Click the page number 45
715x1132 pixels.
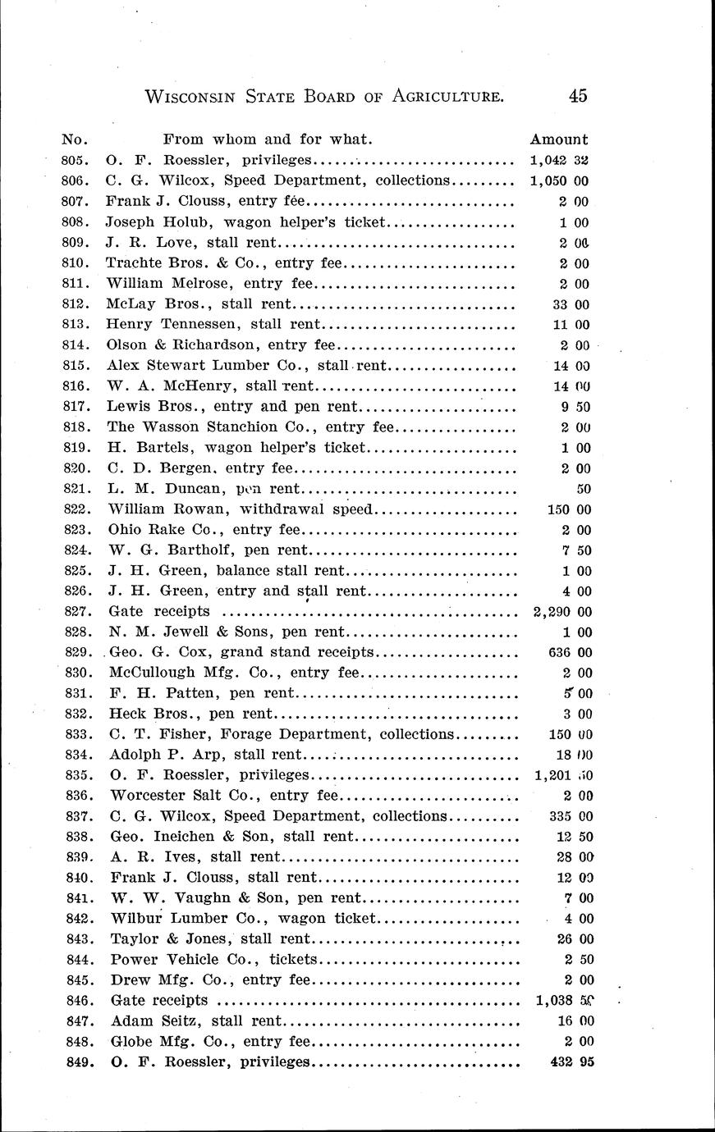tap(577, 96)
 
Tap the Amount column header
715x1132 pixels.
tap(559, 139)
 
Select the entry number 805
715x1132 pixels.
tap(75, 160)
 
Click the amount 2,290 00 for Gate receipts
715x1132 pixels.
tap(557, 611)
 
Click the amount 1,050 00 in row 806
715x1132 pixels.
tap(559, 180)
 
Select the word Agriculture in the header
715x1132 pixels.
tap(447, 97)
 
